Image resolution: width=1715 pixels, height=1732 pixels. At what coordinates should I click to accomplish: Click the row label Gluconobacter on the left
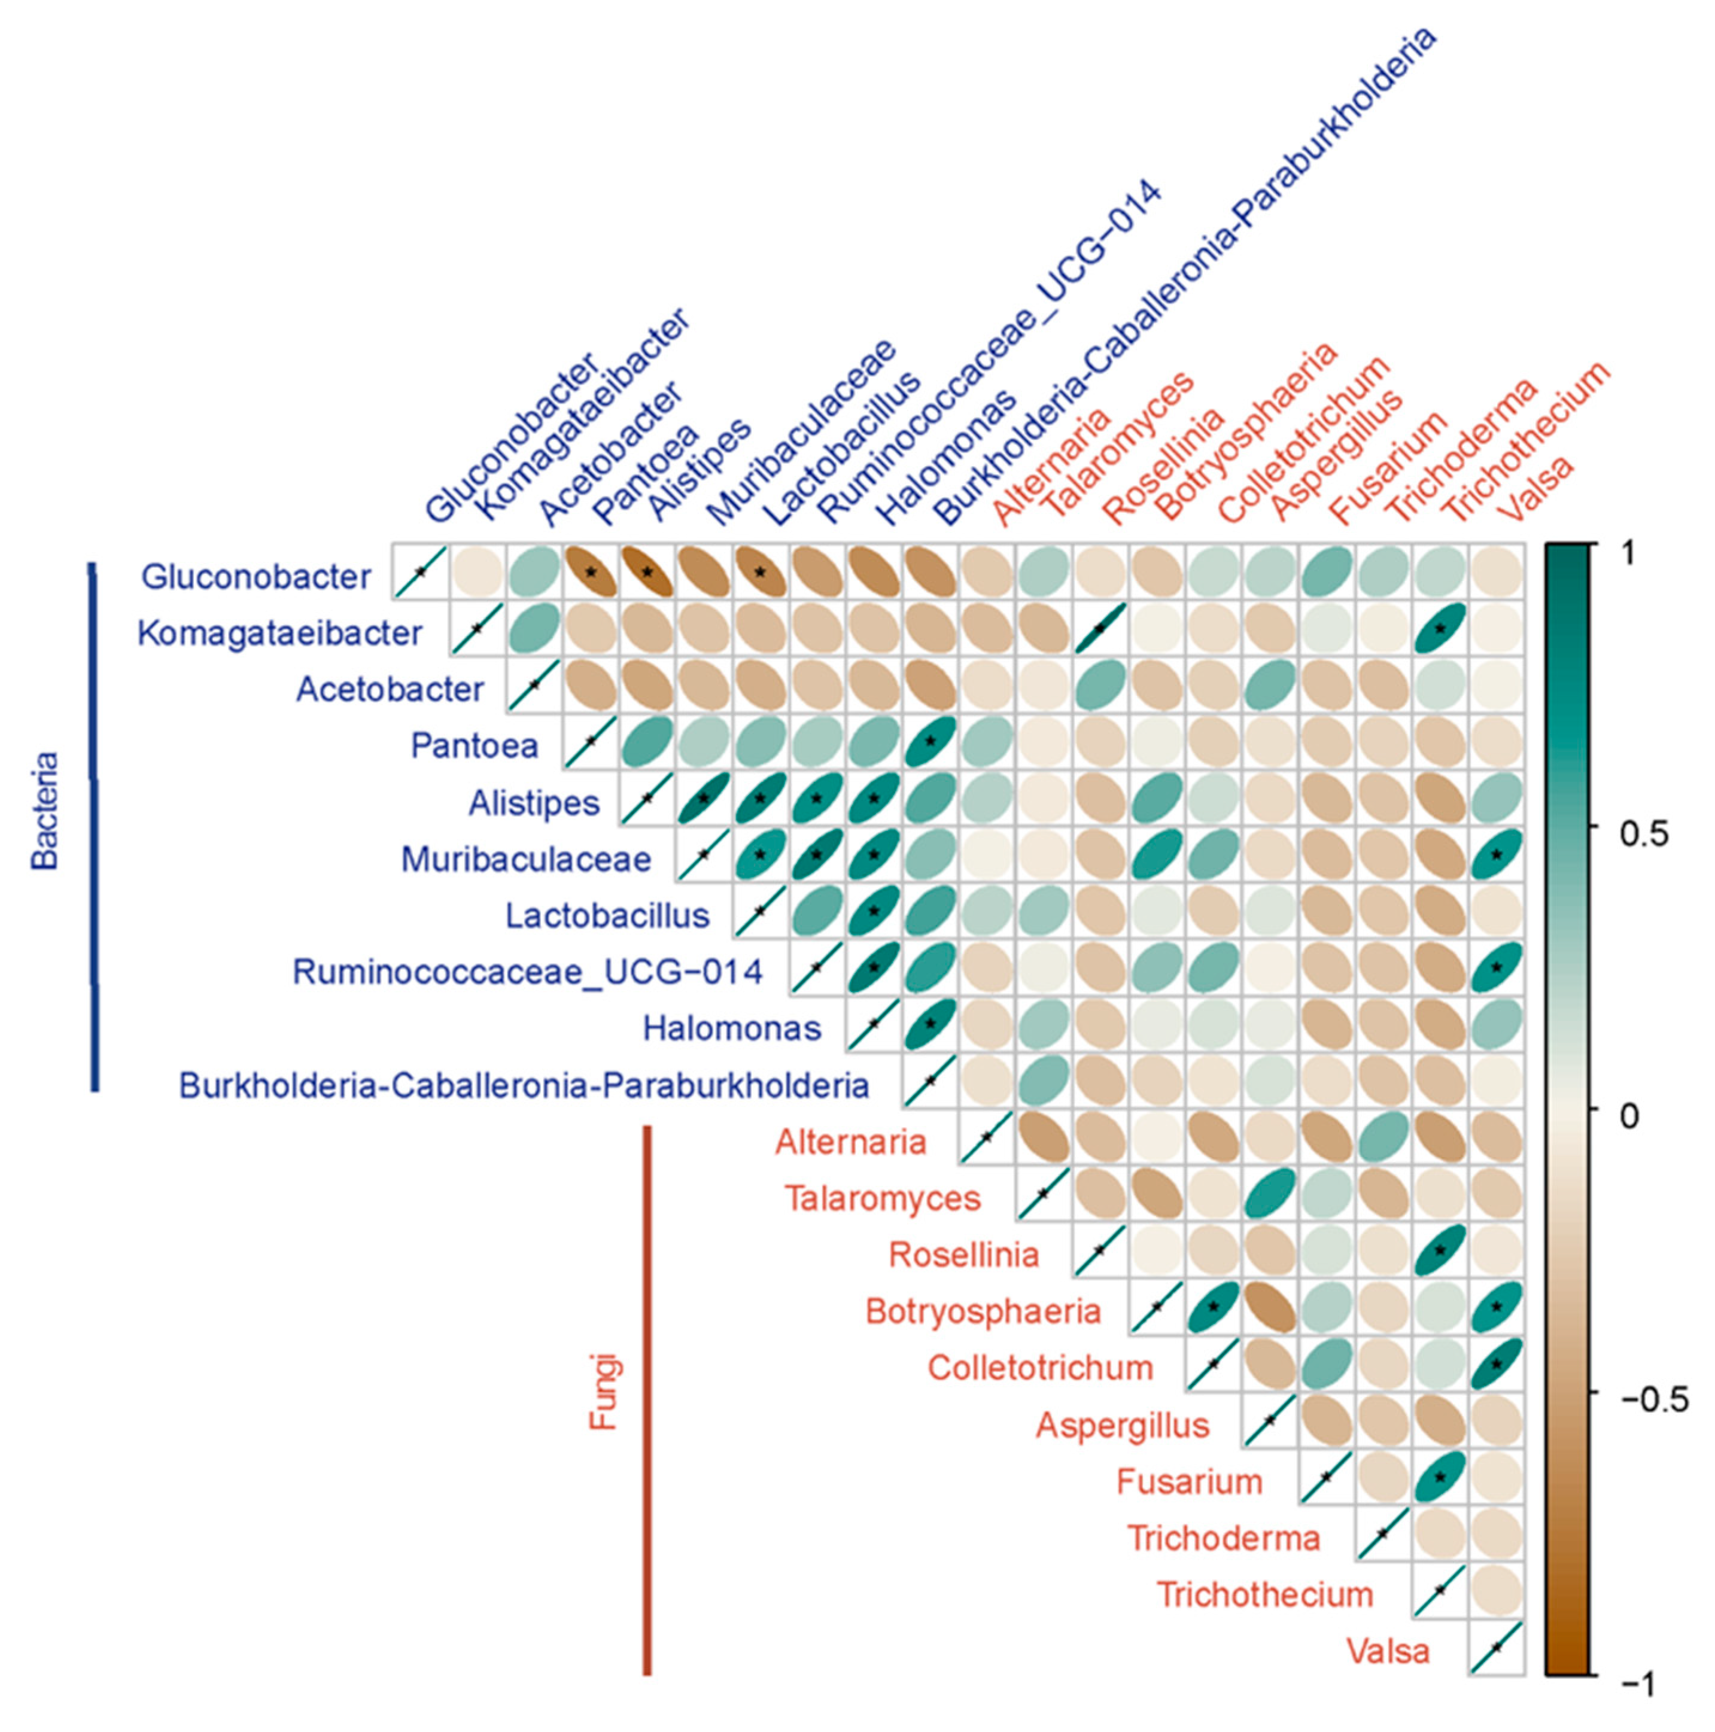click(256, 577)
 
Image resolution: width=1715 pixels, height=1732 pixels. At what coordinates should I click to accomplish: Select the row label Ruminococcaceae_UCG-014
click(527, 972)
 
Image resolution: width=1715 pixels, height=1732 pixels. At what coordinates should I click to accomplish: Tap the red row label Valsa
click(1388, 1651)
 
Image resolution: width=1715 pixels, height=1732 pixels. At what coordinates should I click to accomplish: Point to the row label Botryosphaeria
click(983, 1311)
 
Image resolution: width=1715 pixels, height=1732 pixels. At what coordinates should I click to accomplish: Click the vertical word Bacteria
click(45, 811)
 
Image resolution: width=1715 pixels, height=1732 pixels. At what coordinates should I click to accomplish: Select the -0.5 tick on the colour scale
click(1654, 1399)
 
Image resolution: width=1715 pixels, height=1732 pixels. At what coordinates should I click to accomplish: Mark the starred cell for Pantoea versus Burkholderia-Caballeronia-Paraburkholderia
click(930, 741)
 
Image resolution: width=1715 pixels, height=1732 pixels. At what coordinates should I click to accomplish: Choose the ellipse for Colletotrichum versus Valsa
click(1495, 1365)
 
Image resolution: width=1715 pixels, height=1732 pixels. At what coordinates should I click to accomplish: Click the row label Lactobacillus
click(607, 915)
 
